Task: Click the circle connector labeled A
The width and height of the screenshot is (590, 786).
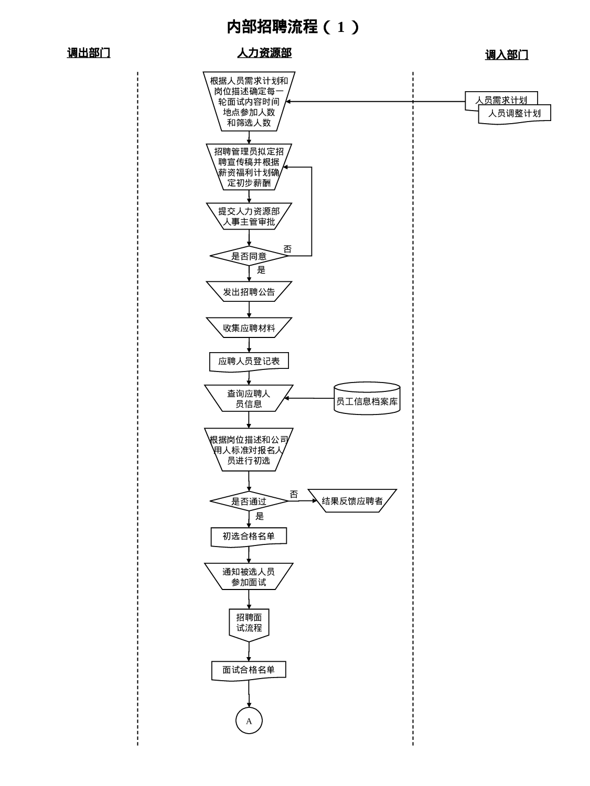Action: [x=249, y=720]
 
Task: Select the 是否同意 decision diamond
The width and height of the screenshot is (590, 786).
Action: [x=249, y=256]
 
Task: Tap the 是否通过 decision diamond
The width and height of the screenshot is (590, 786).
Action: [x=249, y=501]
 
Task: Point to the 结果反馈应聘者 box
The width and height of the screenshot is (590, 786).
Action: [x=352, y=501]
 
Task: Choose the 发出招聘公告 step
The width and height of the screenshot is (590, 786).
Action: [x=249, y=292]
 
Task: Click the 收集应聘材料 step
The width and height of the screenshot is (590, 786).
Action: [x=249, y=328]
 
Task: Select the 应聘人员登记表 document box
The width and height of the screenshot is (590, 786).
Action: [x=249, y=361]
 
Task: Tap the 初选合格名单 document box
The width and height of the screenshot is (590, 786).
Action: [x=249, y=536]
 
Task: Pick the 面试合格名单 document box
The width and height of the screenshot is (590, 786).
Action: [x=249, y=670]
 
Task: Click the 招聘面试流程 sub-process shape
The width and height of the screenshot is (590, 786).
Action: [x=249, y=623]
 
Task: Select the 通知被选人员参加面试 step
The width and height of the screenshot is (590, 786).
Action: [x=249, y=576]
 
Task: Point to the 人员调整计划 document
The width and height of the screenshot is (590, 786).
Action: [x=514, y=113]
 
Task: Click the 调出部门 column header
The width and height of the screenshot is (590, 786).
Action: [x=89, y=53]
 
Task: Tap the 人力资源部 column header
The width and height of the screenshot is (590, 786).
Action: [x=264, y=53]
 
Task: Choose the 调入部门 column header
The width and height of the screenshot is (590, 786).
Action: [x=506, y=54]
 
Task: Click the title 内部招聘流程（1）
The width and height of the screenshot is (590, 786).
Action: [x=293, y=27]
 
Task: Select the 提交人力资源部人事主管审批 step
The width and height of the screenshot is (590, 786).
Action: [x=249, y=216]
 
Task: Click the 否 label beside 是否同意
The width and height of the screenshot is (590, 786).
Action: [x=287, y=249]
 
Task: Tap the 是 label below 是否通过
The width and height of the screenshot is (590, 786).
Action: [x=260, y=516]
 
